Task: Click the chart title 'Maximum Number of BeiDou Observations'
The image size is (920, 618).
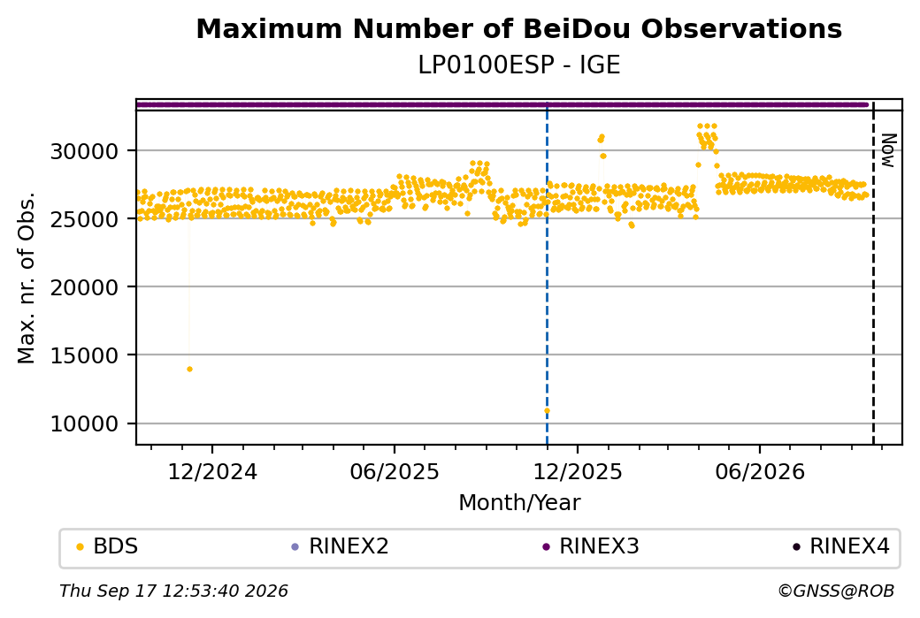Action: point(518,28)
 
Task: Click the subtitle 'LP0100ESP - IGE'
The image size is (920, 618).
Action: point(518,65)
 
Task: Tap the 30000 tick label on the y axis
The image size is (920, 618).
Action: point(85,152)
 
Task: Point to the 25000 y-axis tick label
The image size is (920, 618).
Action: point(85,220)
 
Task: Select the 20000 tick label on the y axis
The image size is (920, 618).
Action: point(85,288)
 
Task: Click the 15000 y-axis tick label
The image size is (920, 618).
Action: point(85,356)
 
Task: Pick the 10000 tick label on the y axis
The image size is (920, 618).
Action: point(85,423)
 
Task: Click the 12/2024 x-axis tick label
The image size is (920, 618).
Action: point(212,471)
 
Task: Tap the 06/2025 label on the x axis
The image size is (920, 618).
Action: point(395,471)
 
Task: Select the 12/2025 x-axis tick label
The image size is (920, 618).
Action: point(578,471)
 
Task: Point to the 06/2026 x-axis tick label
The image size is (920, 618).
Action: point(760,471)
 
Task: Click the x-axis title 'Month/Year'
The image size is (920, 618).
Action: point(519,502)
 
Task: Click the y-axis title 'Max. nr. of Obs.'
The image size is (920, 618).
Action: point(27,278)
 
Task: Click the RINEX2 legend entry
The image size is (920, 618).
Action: point(340,546)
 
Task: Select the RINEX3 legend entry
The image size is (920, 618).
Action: point(590,546)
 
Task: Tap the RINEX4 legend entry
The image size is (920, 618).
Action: point(840,546)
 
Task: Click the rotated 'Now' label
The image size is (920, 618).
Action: point(889,150)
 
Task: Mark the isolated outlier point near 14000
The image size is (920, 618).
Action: point(189,369)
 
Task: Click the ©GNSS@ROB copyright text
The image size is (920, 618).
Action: point(836,591)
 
